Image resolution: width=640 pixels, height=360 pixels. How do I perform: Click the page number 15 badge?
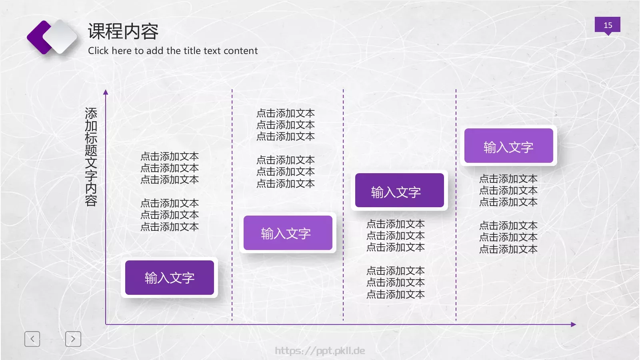(607, 25)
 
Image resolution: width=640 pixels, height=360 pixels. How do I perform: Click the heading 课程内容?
(123, 31)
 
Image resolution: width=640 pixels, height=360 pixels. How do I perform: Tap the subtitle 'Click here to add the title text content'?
(173, 51)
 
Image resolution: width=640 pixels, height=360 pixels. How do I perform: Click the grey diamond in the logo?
(61, 37)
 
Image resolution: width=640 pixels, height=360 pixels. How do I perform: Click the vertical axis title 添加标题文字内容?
(91, 157)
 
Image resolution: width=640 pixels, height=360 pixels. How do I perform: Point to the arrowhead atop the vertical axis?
(106, 92)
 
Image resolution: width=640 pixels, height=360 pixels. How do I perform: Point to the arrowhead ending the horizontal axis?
(573, 324)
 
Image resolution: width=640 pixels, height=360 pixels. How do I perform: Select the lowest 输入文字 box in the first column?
(170, 278)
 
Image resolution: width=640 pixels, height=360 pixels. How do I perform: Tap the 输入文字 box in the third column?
(399, 192)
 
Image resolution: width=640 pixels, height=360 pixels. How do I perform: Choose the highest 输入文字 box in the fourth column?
(508, 146)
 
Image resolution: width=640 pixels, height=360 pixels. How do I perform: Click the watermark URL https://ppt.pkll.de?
(320, 351)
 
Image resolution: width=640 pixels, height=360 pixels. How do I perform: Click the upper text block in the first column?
(170, 168)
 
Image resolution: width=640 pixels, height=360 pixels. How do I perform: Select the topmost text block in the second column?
(286, 125)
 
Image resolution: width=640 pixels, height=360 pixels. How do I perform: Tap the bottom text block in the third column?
(396, 282)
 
